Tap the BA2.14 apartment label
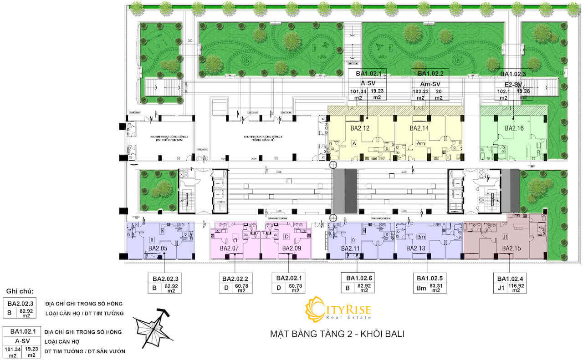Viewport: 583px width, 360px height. (x=419, y=128)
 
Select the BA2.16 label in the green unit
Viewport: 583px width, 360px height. (x=514, y=128)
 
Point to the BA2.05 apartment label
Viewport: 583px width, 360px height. (x=158, y=248)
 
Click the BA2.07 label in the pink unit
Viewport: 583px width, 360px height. (x=229, y=248)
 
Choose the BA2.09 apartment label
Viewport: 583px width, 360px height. (x=291, y=248)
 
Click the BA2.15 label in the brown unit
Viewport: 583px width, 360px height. (x=511, y=248)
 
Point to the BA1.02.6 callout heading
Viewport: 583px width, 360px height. (x=358, y=278)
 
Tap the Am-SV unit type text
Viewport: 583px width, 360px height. (x=430, y=84)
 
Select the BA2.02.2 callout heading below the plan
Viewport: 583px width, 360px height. (x=235, y=279)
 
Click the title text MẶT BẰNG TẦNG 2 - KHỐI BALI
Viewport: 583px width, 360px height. (x=337, y=334)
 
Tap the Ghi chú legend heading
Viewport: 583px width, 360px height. (x=20, y=291)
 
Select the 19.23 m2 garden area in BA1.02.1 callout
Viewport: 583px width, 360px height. (x=377, y=94)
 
